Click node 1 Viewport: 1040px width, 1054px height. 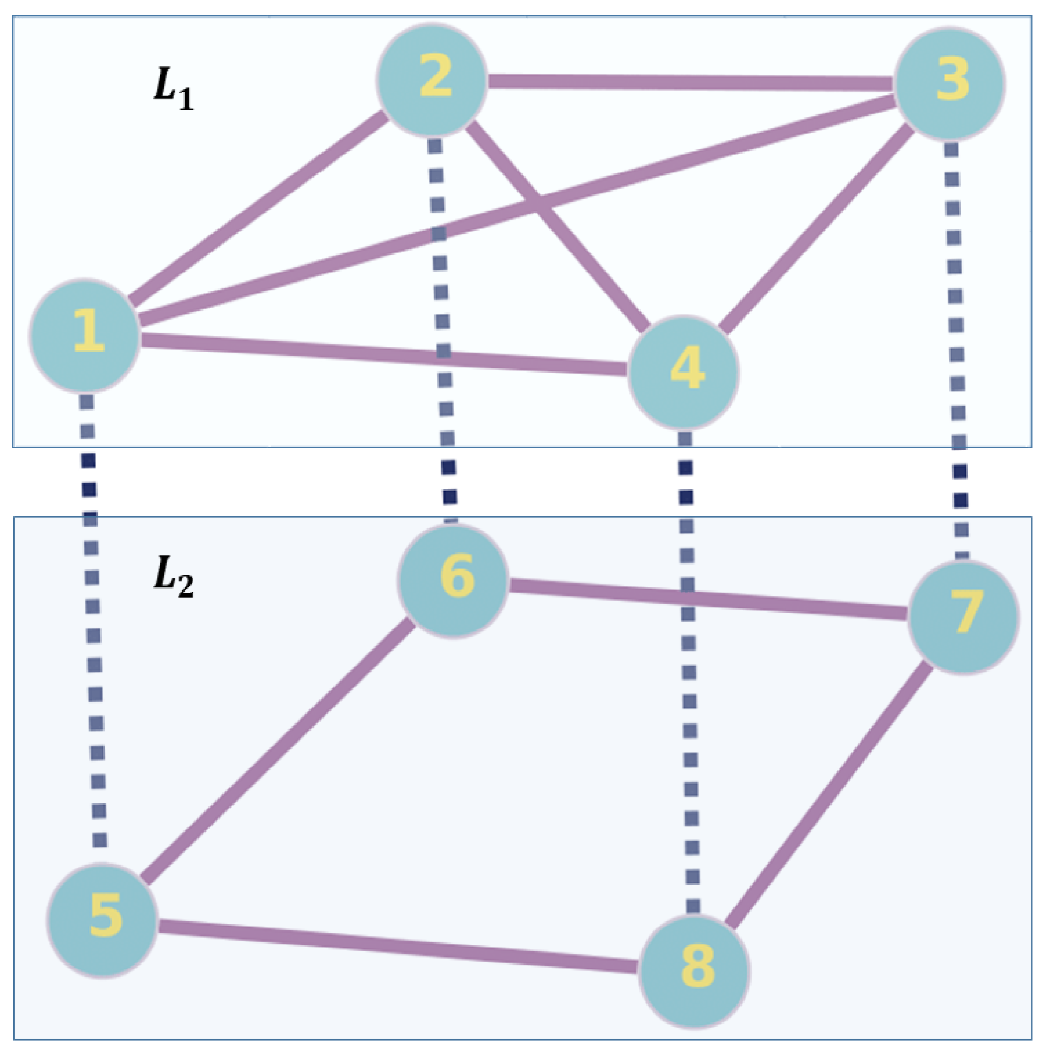pyautogui.click(x=85, y=335)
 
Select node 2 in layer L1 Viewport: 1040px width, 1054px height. pyautogui.click(x=432, y=80)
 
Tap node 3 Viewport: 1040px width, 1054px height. pyautogui.click(x=950, y=84)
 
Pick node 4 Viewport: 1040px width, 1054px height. pyautogui.click(x=684, y=372)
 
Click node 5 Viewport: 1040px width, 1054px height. pyautogui.click(x=103, y=920)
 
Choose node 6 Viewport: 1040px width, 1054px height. pyautogui.click(x=453, y=580)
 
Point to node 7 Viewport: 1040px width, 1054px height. pyautogui.click(x=964, y=617)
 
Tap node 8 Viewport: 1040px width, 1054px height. pyautogui.click(x=694, y=972)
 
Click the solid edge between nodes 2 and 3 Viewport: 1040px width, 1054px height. pyautogui.click(x=689, y=82)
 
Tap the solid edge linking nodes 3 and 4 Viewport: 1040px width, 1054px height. pyautogui.click(x=818, y=228)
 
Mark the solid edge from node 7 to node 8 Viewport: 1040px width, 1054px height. pyautogui.click(x=829, y=794)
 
